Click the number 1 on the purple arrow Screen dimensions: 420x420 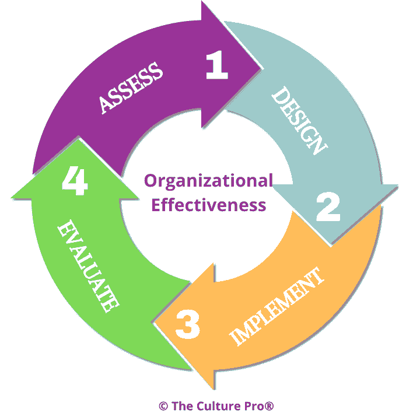click(217, 66)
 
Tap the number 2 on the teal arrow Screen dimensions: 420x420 click(328, 206)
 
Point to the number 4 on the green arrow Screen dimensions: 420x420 click(75, 182)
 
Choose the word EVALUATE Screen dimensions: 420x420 click(88, 266)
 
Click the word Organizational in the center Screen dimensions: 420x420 click(208, 181)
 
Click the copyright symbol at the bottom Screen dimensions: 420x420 click(163, 405)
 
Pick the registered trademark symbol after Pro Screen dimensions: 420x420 click(269, 405)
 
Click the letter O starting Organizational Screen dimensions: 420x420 click(150, 181)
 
